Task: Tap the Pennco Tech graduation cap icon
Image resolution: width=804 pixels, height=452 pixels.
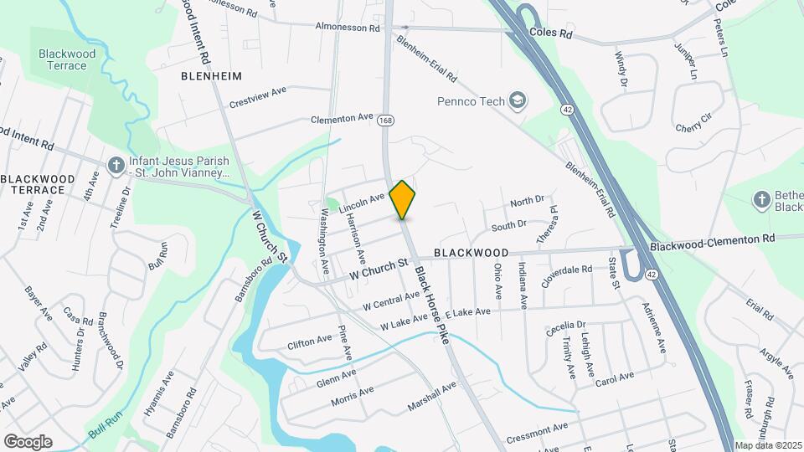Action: point(518,101)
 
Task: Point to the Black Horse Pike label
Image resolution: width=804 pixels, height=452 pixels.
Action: point(431,301)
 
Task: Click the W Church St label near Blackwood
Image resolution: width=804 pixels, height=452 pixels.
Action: point(379,269)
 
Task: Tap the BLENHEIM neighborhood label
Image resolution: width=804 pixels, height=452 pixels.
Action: point(211,75)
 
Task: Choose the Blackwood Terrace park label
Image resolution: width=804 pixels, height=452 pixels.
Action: point(67,59)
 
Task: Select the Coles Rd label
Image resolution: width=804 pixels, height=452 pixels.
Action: point(550,34)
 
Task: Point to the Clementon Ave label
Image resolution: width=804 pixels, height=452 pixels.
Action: point(341,120)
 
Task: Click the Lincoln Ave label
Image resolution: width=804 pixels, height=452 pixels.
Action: point(362,201)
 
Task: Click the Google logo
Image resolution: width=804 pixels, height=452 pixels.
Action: point(28,441)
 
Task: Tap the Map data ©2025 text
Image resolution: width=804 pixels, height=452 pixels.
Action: point(767,445)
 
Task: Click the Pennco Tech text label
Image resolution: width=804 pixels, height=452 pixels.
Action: point(471,101)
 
